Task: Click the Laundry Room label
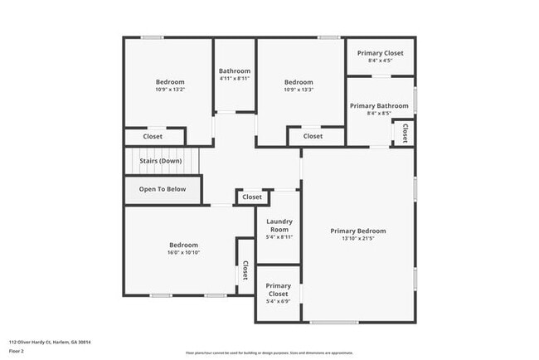coord(278,225)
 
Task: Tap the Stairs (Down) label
coord(161,160)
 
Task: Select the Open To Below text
coord(162,189)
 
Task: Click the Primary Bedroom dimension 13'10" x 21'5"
coord(358,239)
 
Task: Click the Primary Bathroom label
coord(379,106)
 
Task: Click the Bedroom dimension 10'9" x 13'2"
coord(170,90)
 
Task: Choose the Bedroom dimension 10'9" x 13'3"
coord(299,90)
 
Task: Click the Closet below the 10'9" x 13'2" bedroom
coord(153,136)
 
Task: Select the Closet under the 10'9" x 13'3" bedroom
coord(313,136)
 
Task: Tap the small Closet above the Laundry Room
coord(252,197)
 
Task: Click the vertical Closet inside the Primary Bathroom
coord(405,132)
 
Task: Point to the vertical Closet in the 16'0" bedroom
coord(245,270)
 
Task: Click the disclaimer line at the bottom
coord(269,353)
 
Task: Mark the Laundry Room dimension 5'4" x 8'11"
coord(279,236)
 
